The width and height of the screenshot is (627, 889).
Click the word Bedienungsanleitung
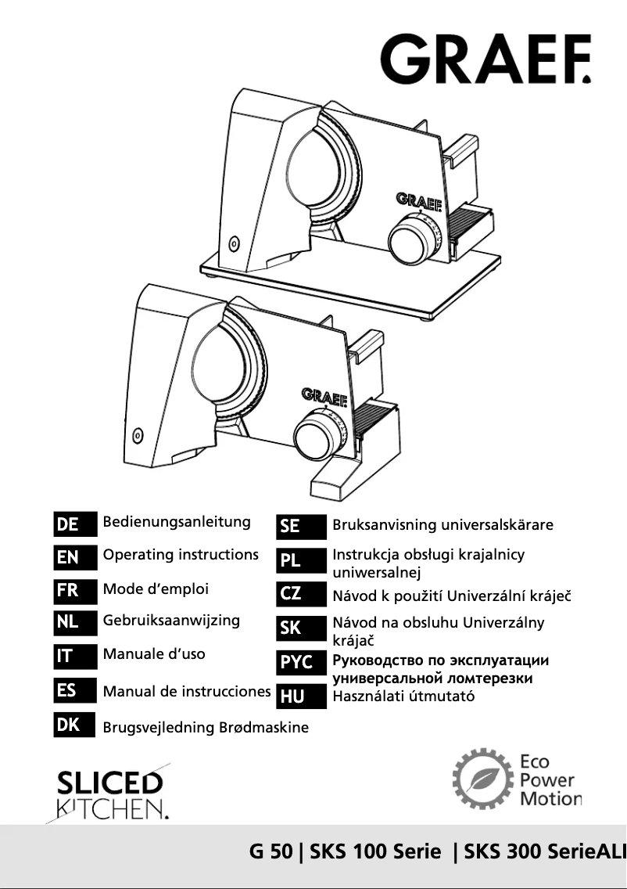click(x=177, y=522)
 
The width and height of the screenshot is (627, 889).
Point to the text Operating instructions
click(x=181, y=555)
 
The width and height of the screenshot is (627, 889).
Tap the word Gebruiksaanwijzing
click(x=171, y=621)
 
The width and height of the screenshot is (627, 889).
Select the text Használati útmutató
click(x=403, y=696)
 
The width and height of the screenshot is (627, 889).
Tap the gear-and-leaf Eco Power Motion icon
click(x=482, y=779)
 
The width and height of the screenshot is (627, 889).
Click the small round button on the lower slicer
click(x=138, y=434)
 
